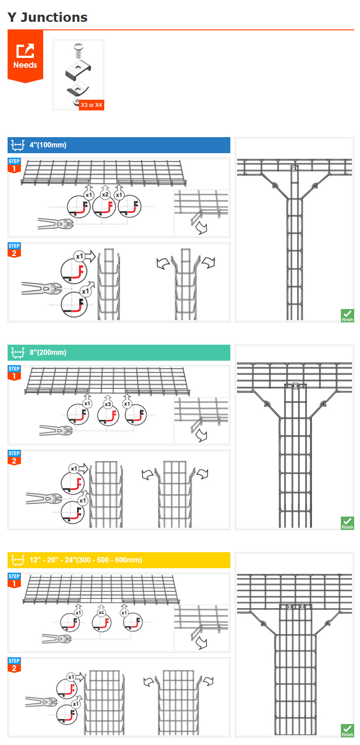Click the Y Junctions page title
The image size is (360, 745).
47,17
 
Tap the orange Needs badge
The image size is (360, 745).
25,56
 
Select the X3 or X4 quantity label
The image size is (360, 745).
91,105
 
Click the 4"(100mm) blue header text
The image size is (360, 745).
48,145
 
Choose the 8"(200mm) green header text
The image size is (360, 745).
48,353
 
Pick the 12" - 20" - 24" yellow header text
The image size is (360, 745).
86,560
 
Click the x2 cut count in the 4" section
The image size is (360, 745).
105,195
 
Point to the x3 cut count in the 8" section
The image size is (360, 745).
107,404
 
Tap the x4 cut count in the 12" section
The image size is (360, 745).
102,612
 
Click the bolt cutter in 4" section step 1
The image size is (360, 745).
55,224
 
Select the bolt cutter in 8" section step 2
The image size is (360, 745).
44,498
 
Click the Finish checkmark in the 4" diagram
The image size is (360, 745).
348,316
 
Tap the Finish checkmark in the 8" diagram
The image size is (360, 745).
348,523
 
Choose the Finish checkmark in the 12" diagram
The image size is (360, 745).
348,731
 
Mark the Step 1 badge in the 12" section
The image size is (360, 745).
14,581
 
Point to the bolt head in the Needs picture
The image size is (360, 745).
78,46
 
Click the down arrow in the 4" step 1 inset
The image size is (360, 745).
202,228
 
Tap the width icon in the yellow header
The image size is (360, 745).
18,560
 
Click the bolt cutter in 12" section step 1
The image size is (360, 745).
57,639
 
